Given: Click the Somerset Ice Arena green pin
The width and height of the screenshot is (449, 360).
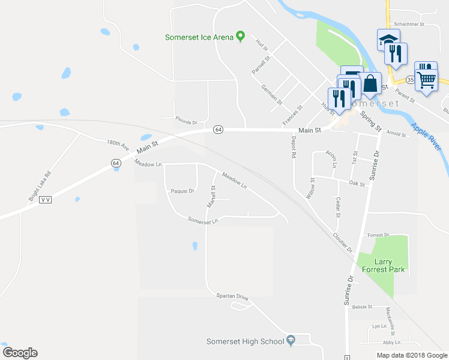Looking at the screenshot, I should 240,37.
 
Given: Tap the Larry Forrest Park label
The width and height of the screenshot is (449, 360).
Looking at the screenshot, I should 381,265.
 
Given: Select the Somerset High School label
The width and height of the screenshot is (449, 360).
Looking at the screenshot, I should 245,341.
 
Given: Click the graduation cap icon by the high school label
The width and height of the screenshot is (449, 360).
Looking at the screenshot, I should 291,341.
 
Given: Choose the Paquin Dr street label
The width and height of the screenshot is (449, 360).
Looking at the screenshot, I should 183,191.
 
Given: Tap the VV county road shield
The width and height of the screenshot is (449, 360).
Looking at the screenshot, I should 46,200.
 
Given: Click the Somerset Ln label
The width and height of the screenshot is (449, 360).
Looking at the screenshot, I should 202,221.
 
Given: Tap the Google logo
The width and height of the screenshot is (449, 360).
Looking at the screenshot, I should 20,353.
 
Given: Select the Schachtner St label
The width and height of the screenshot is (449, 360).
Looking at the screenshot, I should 409,25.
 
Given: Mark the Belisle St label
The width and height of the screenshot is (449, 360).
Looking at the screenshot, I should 362,307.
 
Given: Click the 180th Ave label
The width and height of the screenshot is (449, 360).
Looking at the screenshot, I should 118,145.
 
